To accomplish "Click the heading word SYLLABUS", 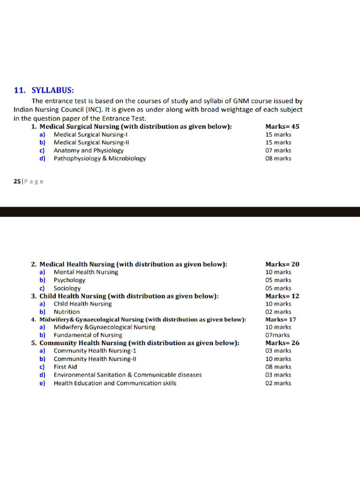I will tap(52, 90).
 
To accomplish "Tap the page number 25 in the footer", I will tap(17, 181).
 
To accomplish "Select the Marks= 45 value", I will tap(282, 127).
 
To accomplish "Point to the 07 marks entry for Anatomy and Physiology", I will tap(278, 150).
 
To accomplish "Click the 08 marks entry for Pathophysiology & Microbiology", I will tap(278, 158).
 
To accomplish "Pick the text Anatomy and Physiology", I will tap(89, 150).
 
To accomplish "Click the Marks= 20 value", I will tap(282, 264).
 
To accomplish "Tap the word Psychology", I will tap(69, 280).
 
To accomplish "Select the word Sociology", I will tap(67, 288).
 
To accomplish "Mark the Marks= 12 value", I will tap(282, 296).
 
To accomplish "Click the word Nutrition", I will tap(67, 312).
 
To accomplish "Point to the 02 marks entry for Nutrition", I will tap(278, 312).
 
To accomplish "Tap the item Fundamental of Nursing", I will tap(88, 335).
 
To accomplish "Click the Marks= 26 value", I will tap(282, 343).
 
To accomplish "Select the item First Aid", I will tap(65, 367).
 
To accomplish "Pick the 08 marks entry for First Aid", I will tap(278, 367).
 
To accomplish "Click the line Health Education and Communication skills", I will tap(115, 383).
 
